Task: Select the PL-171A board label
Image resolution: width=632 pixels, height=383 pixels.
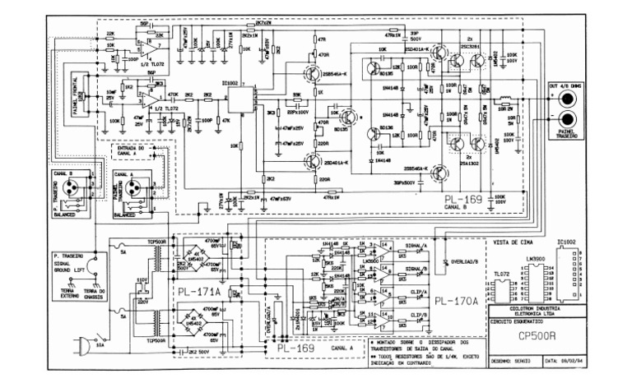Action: (197, 292)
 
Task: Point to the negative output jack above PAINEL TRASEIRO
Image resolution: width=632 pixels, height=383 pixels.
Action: (567, 116)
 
